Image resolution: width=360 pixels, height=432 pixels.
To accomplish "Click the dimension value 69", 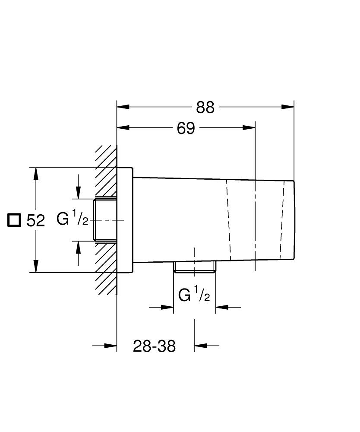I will coord(186,128).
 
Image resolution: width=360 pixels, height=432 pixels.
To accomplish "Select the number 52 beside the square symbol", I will coord(36,221).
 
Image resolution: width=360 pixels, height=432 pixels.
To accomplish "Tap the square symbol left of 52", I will coord(14,220).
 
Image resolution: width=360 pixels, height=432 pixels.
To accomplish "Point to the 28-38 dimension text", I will coord(154,346).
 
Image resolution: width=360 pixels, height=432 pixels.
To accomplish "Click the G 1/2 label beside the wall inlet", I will coord(73,219).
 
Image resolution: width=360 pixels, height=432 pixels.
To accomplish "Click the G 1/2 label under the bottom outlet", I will coord(194,295).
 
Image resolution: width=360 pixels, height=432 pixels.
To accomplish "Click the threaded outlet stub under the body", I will coord(195,267).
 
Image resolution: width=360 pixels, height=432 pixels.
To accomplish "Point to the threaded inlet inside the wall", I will coord(105,220).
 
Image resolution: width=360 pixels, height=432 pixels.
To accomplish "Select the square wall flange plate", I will coord(125,220).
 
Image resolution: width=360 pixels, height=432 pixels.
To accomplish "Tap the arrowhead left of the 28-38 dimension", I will coord(111,346).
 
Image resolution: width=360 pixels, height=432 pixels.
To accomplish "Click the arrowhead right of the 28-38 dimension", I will coord(200,346).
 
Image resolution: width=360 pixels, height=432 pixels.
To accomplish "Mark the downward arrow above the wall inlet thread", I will coord(78,193).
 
